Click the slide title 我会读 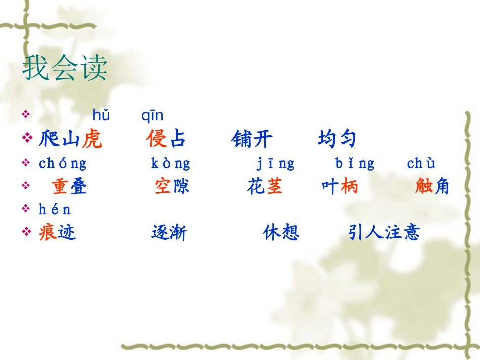coord(65,69)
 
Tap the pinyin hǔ coord(101,116)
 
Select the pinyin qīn coord(152,116)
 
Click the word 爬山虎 coord(70,139)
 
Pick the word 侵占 coord(166,139)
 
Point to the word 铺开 coord(252,139)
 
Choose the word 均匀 coord(337,139)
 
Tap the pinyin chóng coord(63,163)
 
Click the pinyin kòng coord(171,163)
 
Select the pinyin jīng coord(275,163)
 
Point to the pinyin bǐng coord(355,163)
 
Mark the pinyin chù coord(421,163)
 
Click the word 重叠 coord(69,187)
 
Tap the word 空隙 coord(172,187)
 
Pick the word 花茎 coord(265,187)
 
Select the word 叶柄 coord(340,187)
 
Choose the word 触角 coord(432,187)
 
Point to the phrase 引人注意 coord(384,232)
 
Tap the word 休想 coord(281,232)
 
